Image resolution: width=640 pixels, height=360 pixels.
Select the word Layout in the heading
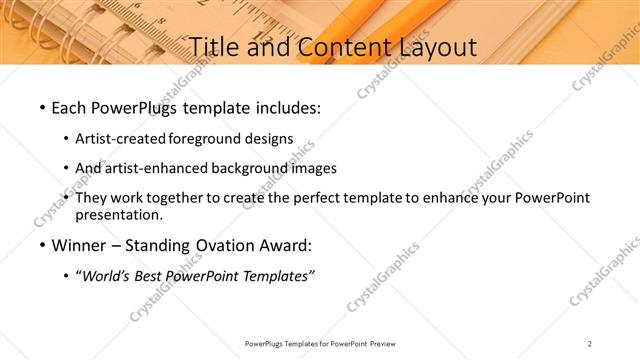click(x=429, y=46)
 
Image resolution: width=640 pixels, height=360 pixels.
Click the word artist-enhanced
click(x=149, y=168)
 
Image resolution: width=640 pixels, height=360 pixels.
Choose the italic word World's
click(x=104, y=276)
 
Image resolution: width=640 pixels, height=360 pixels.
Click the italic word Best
click(x=151, y=276)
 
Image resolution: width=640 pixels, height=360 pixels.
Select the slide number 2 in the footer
click(x=590, y=343)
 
